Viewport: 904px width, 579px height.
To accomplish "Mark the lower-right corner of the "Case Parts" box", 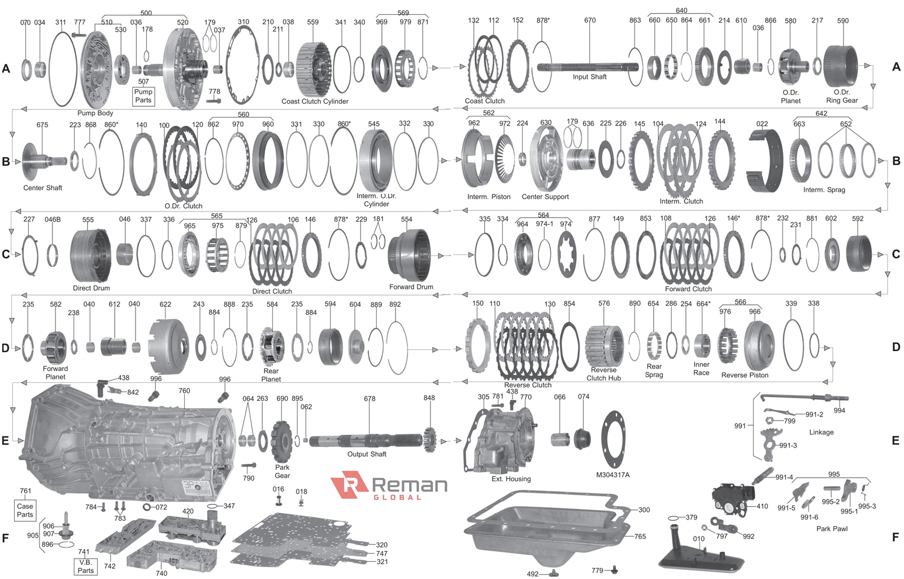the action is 36,521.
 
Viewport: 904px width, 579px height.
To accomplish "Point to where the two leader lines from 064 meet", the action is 248,403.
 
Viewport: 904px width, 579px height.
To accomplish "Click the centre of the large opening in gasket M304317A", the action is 612,440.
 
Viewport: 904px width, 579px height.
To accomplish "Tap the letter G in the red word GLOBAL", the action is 376,497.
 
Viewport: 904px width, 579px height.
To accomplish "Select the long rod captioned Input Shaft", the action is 587,67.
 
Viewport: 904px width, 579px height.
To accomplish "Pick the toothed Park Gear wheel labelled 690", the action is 281,441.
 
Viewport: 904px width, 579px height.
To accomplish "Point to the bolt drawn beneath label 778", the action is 214,100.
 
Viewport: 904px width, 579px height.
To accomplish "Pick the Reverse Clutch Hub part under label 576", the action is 604,347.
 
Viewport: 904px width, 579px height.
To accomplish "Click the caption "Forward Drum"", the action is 411,287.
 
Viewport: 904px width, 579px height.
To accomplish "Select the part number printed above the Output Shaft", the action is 370,399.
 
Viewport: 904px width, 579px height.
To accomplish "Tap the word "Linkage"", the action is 822,432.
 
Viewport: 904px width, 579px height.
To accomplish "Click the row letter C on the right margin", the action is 896,254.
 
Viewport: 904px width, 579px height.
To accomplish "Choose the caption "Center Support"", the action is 545,197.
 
